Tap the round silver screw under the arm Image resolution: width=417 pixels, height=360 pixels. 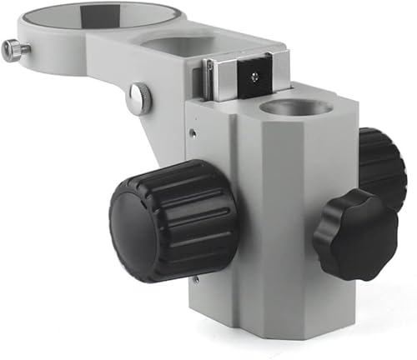(x=139, y=98)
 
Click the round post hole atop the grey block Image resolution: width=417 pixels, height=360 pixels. (x=295, y=107)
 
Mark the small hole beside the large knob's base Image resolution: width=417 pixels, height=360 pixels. (x=195, y=279)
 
